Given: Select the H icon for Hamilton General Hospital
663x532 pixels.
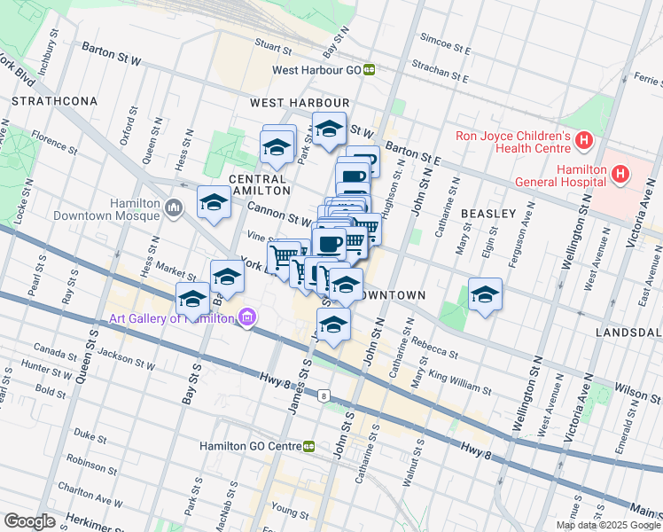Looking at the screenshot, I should [x=620, y=175].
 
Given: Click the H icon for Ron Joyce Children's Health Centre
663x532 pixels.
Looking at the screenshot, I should [x=583, y=140].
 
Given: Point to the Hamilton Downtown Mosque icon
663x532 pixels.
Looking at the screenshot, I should [x=173, y=209].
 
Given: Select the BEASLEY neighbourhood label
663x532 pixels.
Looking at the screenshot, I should [x=487, y=214].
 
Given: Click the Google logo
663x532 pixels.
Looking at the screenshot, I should [x=29, y=520].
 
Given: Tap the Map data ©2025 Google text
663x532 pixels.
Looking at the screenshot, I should [x=608, y=525].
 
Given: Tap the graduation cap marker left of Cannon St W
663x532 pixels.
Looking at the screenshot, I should [x=214, y=203].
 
